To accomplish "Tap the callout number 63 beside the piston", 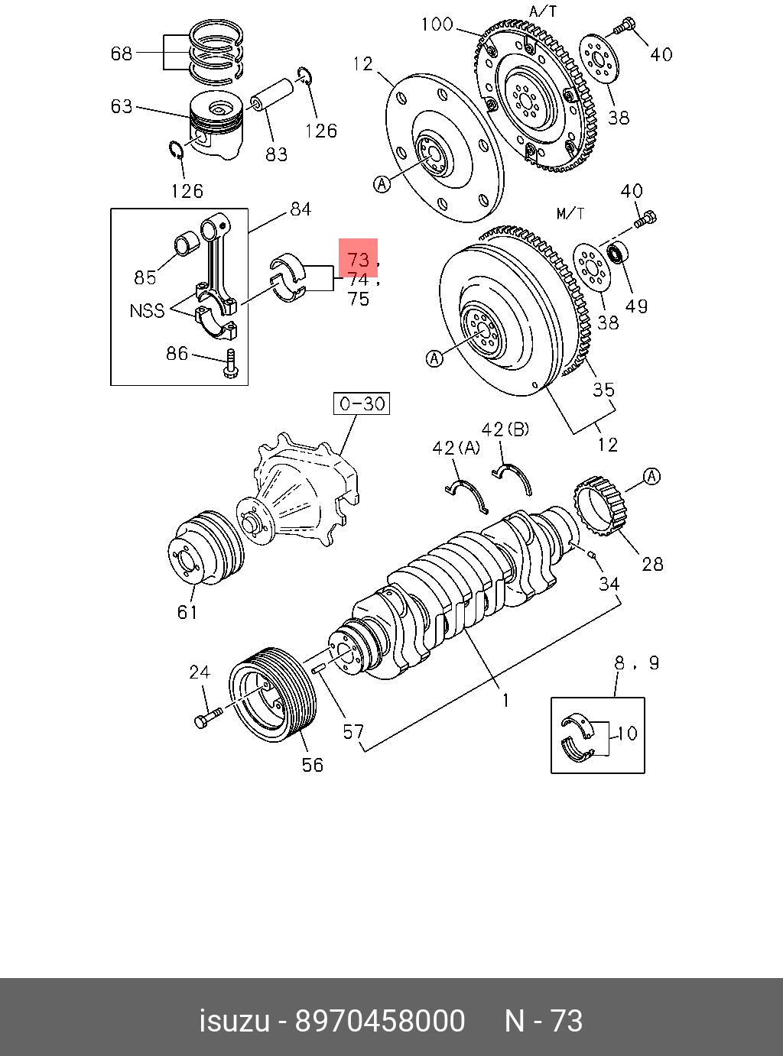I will [122, 106].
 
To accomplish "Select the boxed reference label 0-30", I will [362, 403].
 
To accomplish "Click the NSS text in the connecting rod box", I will [147, 311].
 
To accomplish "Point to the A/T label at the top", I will [544, 11].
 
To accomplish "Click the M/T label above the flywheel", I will [570, 213].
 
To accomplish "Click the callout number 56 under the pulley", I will [312, 765].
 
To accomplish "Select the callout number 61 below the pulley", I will [187, 611].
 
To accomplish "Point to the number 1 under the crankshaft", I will [505, 700].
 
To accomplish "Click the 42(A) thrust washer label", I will [456, 448].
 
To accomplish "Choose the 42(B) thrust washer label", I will [505, 429].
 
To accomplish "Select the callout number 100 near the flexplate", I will [437, 25].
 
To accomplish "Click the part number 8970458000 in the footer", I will [380, 1021].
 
